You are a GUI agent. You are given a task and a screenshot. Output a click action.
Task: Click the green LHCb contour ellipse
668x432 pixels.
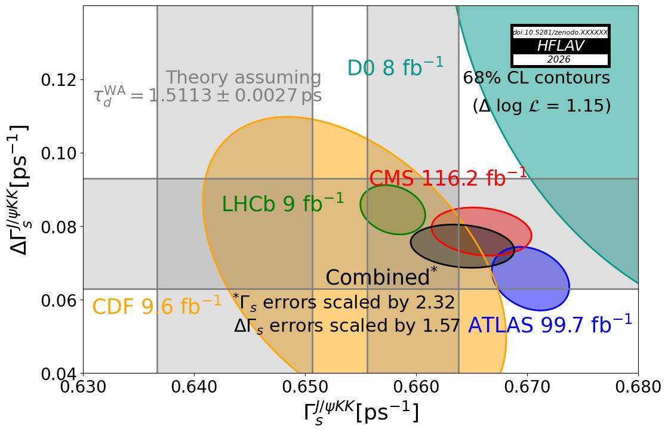392,209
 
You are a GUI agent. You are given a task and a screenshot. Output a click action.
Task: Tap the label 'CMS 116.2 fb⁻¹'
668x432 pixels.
448,178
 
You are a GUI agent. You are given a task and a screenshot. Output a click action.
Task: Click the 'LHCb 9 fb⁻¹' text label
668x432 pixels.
282,204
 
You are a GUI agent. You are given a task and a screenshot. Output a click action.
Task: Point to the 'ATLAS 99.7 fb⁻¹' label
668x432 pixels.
549,325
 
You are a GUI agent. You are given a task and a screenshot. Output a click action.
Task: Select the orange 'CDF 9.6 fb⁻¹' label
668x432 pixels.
156,307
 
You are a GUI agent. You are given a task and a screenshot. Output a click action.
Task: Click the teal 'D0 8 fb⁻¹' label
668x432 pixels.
395,68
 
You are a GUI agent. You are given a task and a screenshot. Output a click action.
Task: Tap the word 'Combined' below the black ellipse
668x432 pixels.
377,278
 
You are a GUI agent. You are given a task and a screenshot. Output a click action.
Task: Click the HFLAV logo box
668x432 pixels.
560,46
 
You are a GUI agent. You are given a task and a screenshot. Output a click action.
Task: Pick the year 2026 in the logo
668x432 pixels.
559,60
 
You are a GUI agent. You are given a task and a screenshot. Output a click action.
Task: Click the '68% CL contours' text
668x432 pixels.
536,78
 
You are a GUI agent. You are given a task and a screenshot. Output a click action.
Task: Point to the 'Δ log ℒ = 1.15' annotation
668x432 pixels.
541,106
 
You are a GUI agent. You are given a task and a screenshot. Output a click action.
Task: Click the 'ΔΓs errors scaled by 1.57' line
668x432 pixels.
347,326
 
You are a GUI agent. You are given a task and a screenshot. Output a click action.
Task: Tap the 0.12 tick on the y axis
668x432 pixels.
57,79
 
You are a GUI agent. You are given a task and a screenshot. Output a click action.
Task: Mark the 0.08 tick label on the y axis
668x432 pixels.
57,227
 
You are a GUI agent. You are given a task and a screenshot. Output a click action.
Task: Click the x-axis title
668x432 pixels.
361,413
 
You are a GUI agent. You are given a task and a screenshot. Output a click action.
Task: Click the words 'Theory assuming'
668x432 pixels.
243,78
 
